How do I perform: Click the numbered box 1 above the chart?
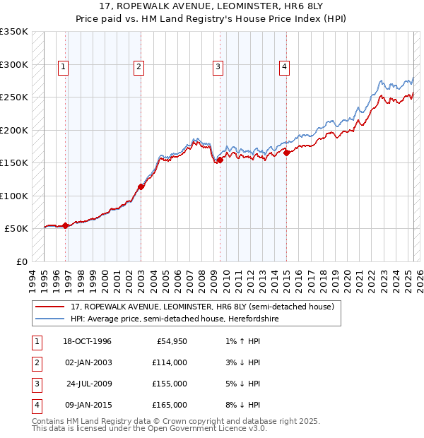tap(63, 67)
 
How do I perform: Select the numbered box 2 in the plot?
tap(139, 67)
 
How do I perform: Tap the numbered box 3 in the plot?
tap(218, 67)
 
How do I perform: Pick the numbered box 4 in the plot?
tap(284, 67)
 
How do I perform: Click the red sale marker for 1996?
tap(66, 225)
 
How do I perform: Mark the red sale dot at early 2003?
tap(141, 187)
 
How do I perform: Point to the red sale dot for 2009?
tap(220, 160)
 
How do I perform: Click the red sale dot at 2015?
tap(287, 153)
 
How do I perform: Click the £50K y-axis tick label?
tap(17, 229)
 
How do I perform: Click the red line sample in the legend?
tap(50, 307)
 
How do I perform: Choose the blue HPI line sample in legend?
tap(50, 319)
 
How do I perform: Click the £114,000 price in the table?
tap(170, 362)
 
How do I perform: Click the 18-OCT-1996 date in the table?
tap(87, 341)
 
